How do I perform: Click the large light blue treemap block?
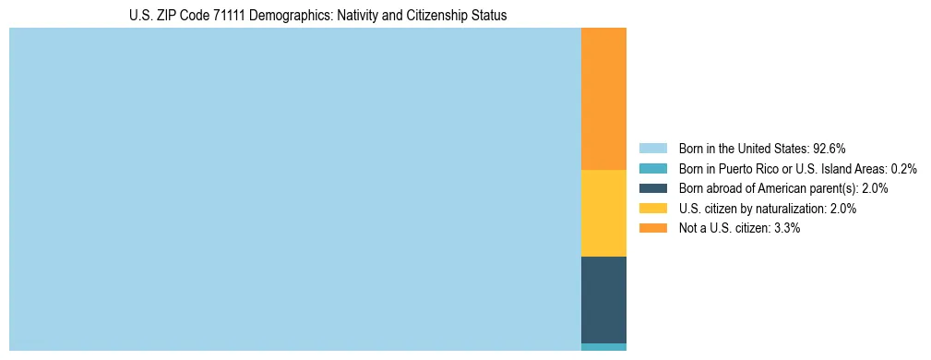295,189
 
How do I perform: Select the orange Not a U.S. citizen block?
603,99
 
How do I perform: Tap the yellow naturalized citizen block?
603,213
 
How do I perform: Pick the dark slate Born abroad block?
603,300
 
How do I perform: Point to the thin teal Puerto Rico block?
603,347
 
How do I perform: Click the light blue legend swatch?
652,148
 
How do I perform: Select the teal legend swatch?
652,168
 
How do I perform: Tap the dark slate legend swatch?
652,188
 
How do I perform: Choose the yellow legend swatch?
652,209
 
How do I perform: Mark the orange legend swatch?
652,228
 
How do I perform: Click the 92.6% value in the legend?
830,148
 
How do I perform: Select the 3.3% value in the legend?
787,228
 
